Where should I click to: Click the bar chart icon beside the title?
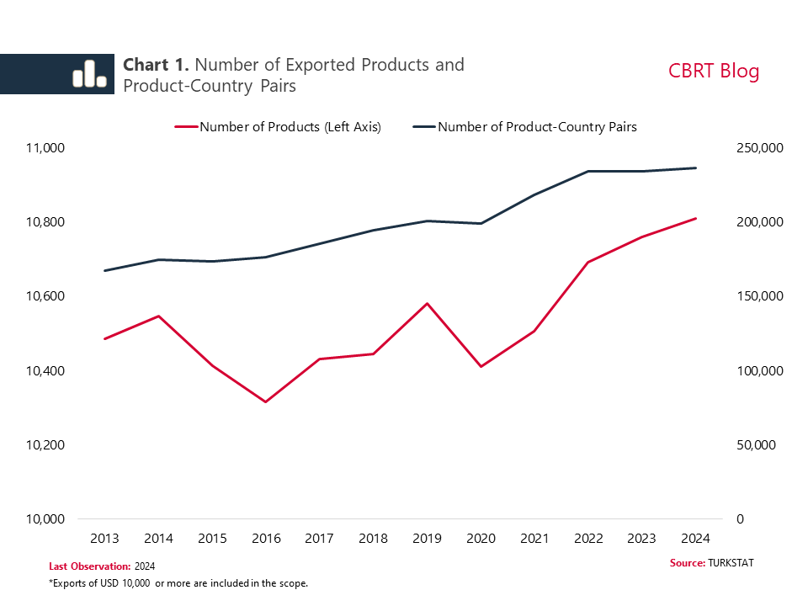(89, 74)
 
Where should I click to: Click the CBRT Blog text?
(714, 71)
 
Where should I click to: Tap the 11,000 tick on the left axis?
(41, 148)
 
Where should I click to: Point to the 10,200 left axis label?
(41, 444)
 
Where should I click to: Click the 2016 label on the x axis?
(265, 539)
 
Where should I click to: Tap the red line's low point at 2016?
(265, 402)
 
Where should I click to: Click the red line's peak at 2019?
(427, 303)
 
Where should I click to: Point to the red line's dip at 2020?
(481, 366)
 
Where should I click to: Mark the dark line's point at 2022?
(588, 171)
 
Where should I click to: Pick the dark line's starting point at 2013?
(104, 271)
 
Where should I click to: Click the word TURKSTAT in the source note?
(731, 562)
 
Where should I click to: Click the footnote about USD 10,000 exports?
(178, 583)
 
